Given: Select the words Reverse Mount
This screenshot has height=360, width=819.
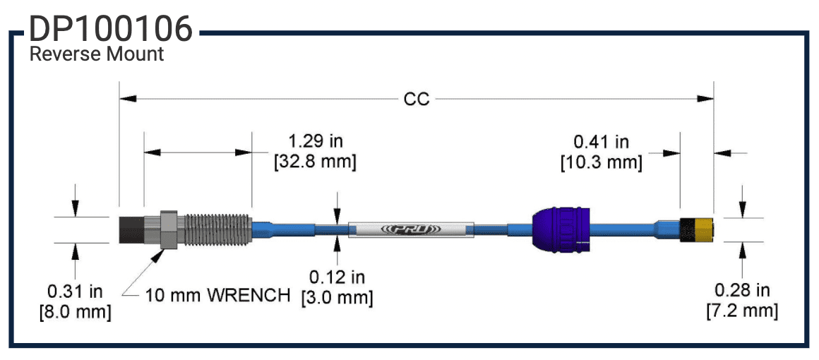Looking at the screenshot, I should coord(97,54).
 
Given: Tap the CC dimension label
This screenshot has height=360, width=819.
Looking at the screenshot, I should coord(416,100).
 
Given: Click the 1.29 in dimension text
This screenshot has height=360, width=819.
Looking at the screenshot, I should coord(315,142).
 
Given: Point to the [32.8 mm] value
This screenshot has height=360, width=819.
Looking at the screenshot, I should coord(315,162).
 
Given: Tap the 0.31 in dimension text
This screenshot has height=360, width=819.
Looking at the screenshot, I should coord(75,291).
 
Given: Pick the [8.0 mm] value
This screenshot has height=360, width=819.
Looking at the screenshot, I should coord(75,311).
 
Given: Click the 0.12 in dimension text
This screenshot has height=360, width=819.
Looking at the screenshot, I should coord(337,277).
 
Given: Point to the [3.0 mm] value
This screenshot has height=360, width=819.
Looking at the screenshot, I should coord(337,298).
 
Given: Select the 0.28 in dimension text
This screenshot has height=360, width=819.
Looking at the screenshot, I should coord(742,290).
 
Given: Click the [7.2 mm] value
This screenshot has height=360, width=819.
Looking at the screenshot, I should coord(742,311).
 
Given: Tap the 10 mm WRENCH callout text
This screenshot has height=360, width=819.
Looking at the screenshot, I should coord(217,295).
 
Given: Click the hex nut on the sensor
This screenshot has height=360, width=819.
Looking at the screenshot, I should coord(168,229).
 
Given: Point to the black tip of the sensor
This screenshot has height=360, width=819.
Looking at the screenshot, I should coord(131,229).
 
